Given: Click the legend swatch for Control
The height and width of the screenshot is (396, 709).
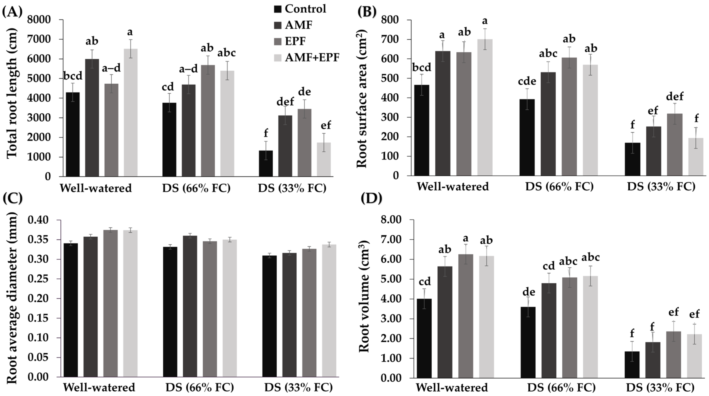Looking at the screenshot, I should (x=278, y=9).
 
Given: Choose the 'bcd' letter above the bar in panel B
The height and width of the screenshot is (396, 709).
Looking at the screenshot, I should (x=422, y=67).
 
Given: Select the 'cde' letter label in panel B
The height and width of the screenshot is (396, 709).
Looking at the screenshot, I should (x=527, y=81).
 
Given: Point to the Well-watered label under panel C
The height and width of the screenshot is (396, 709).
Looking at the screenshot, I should (x=99, y=388).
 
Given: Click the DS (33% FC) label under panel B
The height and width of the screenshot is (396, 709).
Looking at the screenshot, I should (x=661, y=187).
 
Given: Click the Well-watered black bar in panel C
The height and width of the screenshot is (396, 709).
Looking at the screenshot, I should (x=71, y=310).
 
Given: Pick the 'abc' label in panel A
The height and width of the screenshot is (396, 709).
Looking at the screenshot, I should (x=227, y=53).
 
